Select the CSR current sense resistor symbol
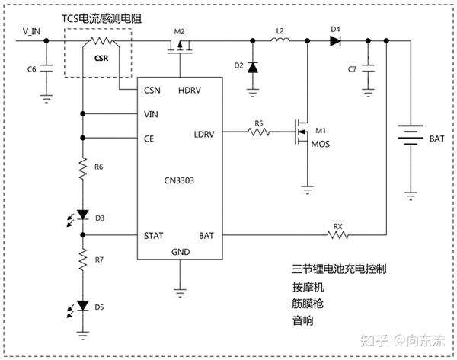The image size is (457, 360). click(101, 43)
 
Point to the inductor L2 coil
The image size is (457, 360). click(280, 41)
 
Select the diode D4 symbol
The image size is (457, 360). click(335, 41)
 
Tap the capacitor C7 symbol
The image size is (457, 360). click(368, 68)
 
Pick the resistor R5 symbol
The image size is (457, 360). click(259, 132)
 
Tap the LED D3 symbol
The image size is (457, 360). click(83, 218)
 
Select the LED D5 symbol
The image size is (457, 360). click(83, 306)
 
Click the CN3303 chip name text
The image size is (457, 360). click(180, 180)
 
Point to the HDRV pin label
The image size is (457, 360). click(190, 90)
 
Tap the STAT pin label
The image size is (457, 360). click(155, 235)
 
